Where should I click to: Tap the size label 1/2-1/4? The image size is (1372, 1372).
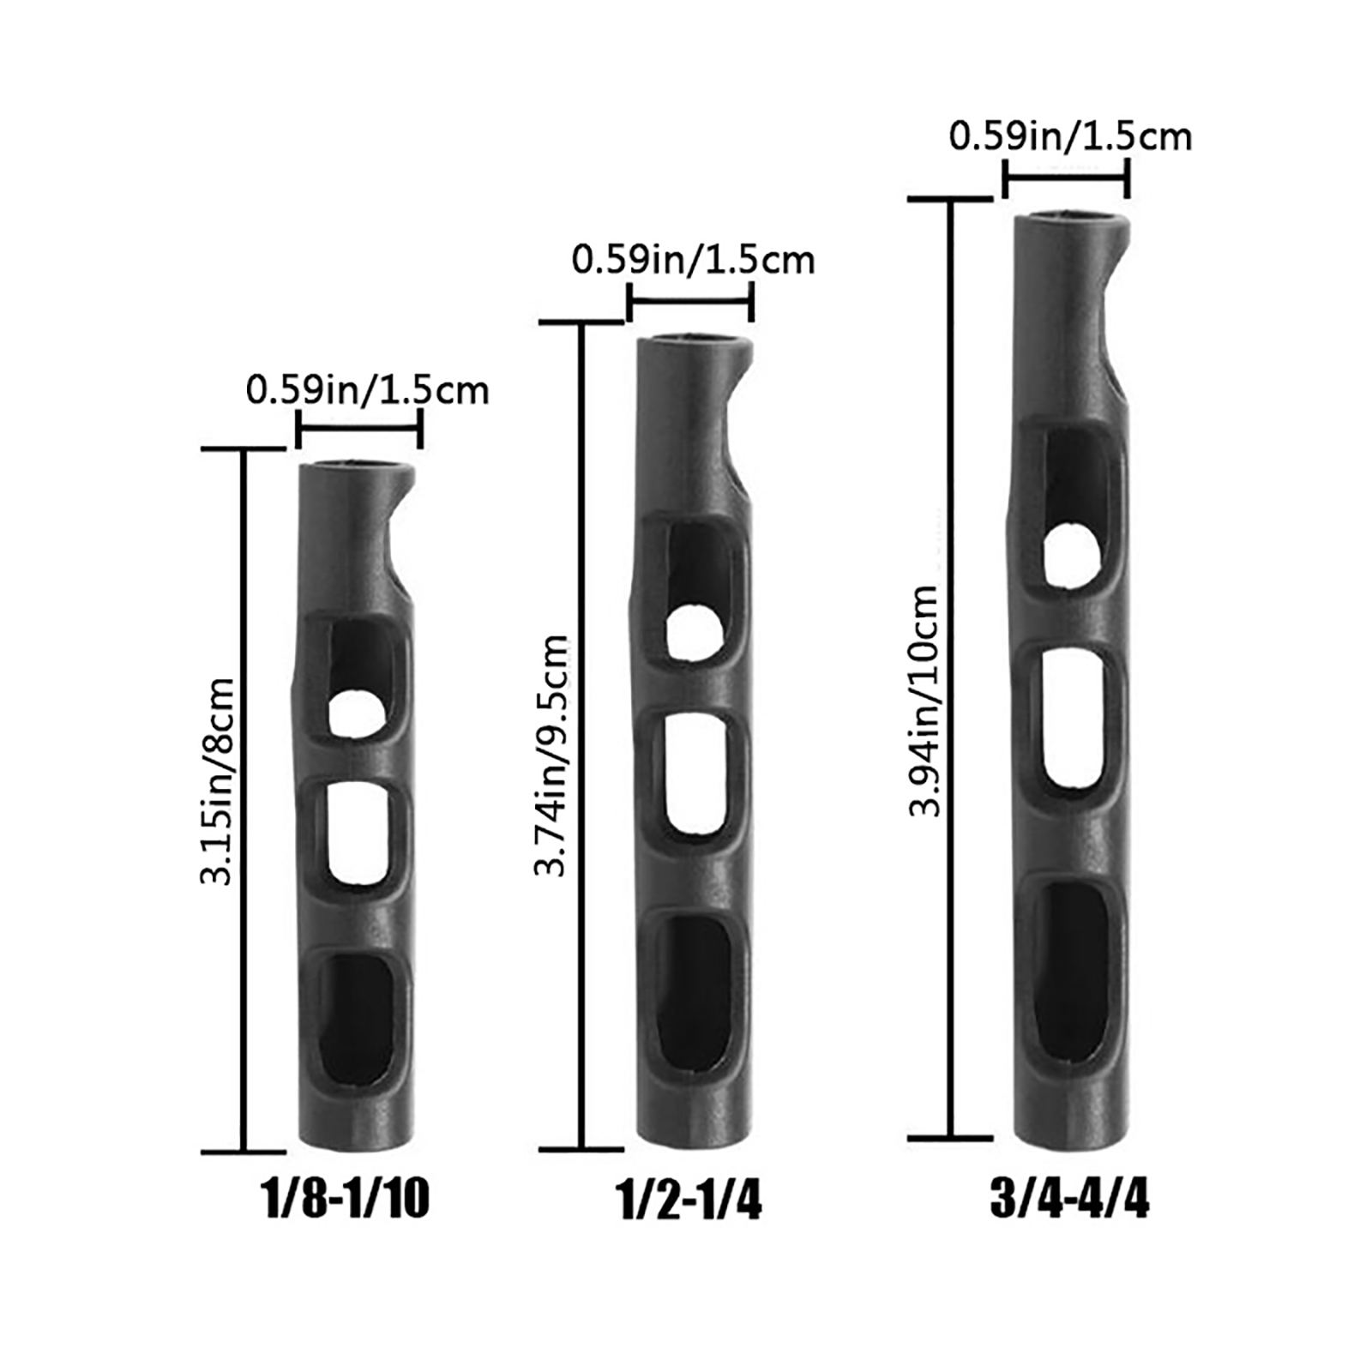pos(689,1200)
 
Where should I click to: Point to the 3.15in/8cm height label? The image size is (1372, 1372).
pos(216,780)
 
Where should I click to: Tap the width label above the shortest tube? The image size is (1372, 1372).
pos(367,391)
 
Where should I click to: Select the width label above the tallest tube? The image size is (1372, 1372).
pos(1070,137)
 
